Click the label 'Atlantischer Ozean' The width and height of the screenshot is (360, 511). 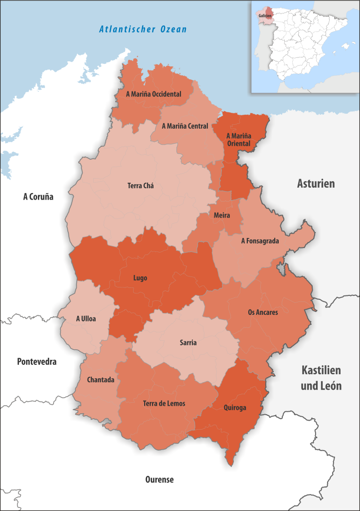(x=143, y=29)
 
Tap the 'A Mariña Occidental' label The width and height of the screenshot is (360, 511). (x=154, y=94)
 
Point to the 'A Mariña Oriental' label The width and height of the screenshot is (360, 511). (x=239, y=139)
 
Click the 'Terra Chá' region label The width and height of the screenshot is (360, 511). (x=141, y=186)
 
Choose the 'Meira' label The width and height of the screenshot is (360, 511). (x=221, y=216)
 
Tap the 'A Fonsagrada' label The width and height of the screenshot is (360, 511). (x=260, y=241)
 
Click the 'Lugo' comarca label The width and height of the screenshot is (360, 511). (x=140, y=278)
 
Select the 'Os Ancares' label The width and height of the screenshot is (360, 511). (x=263, y=312)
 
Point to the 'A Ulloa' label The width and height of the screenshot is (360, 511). (x=86, y=318)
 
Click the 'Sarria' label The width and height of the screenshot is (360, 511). (x=188, y=343)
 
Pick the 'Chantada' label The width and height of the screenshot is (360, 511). (x=101, y=380)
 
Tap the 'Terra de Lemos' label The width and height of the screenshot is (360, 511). (x=164, y=403)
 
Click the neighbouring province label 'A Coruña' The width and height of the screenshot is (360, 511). (x=38, y=197)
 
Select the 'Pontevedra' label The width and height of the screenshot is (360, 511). (x=37, y=361)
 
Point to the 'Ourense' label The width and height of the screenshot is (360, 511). (x=160, y=480)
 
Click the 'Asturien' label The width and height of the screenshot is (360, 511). (x=316, y=184)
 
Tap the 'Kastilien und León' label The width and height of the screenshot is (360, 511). (x=321, y=378)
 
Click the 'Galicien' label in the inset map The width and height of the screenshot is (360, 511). (x=265, y=16)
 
